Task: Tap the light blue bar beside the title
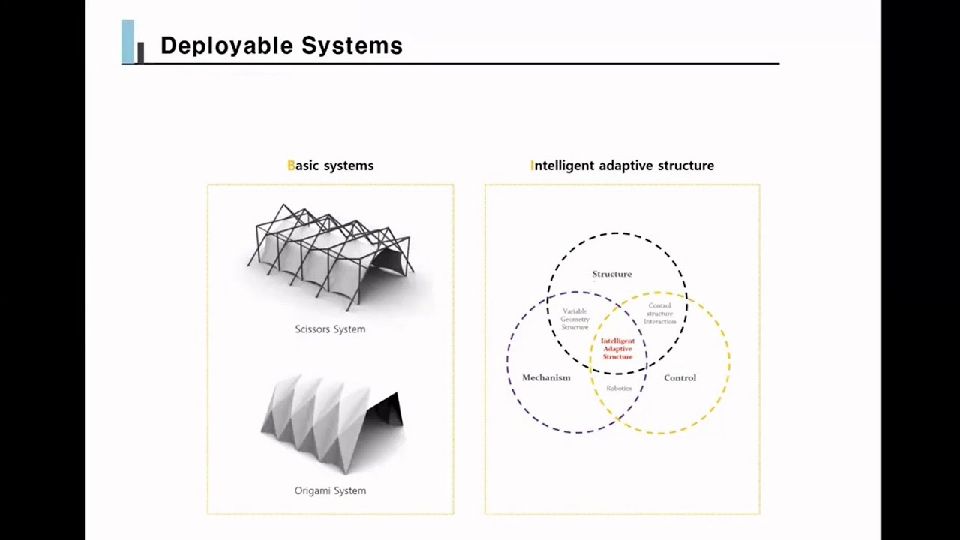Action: coord(127,41)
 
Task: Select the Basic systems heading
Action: coord(330,166)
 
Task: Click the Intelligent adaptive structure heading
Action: coord(622,166)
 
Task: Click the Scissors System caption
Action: coord(330,329)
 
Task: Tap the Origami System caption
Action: coord(330,491)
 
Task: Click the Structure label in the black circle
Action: coord(612,274)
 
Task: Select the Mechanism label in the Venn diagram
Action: coord(546,378)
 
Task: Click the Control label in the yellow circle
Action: coord(679,378)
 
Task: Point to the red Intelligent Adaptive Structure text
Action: coord(617,349)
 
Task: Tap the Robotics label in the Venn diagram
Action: coord(619,388)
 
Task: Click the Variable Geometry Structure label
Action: coord(575,319)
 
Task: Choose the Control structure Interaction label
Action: coord(659,313)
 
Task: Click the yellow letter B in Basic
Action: coord(291,166)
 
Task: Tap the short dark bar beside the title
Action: coord(140,52)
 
